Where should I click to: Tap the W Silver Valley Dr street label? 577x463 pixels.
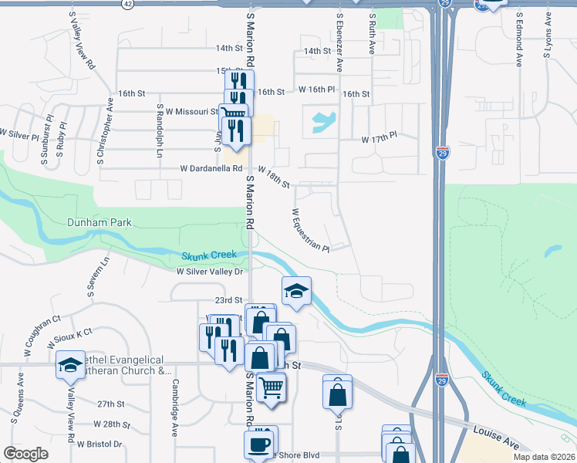tap(210, 272)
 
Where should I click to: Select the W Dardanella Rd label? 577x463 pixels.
tap(211, 168)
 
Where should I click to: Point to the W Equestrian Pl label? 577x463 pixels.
tap(310, 230)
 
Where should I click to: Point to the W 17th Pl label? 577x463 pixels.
tap(379, 140)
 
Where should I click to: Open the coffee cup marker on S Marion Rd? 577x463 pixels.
tap(258, 444)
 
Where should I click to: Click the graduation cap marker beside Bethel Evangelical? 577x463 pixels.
tap(71, 364)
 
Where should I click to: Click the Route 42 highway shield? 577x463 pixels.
tap(127, 4)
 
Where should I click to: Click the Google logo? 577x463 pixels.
tap(25, 454)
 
